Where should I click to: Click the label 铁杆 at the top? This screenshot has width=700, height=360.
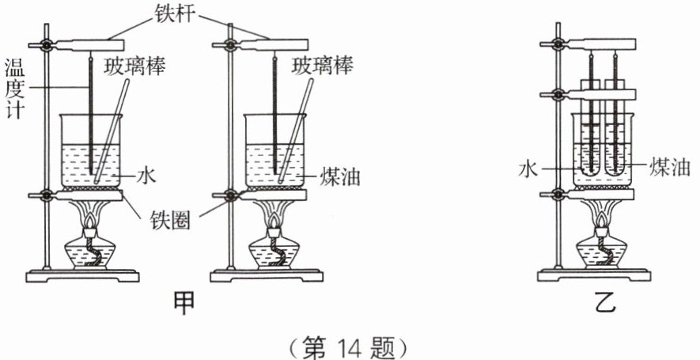coord(180,12)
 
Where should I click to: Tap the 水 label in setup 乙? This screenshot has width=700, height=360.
coord(528,169)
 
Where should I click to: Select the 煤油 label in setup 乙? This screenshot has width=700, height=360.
coord(668,168)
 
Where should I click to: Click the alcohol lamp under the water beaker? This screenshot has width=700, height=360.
coord(93,249)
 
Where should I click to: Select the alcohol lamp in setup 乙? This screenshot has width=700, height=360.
coord(604,249)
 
